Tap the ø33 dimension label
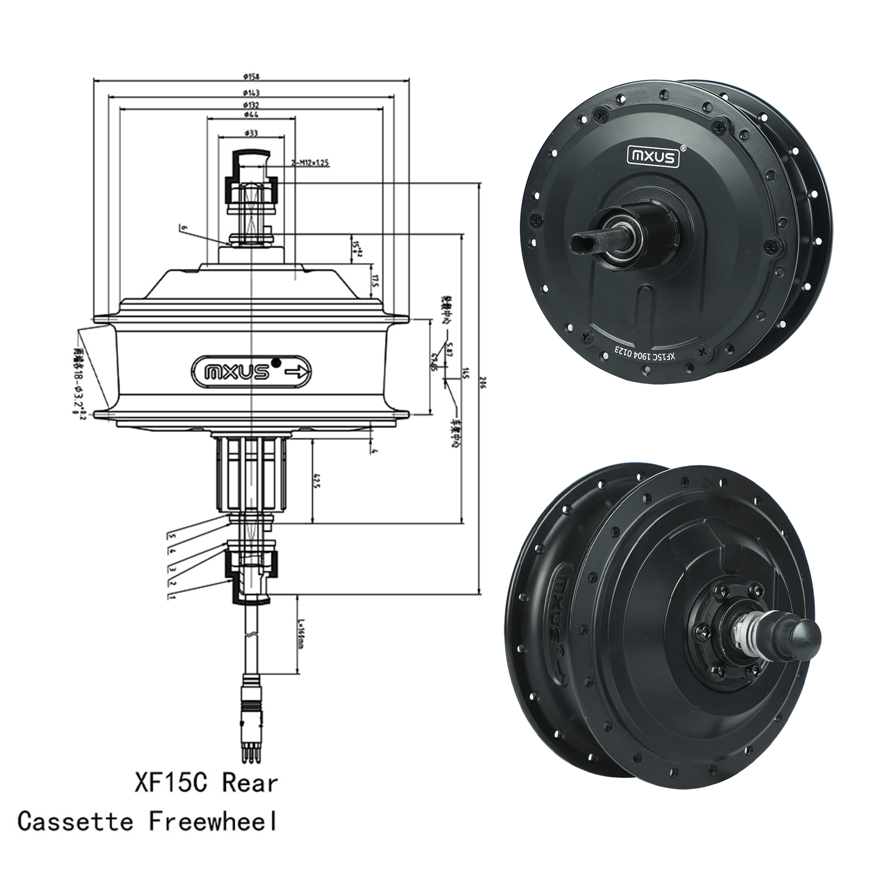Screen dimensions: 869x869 [251, 133]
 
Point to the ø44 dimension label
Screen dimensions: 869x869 [251, 115]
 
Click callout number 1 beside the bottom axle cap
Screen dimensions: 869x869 [172, 596]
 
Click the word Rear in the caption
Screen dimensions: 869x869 [250, 783]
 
